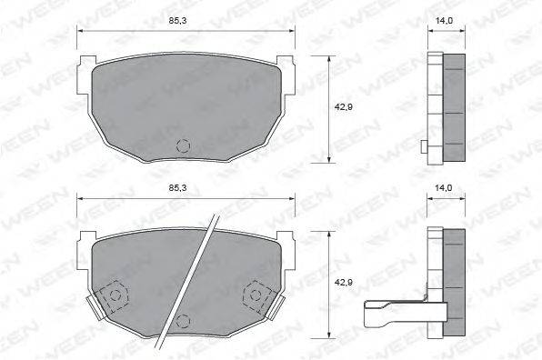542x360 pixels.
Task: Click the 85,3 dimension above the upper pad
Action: coord(177,20)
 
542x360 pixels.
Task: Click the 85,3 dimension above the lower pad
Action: coord(177,187)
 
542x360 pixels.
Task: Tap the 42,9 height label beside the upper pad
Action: coord(343,107)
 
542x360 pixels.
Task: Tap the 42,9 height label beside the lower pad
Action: coord(343,282)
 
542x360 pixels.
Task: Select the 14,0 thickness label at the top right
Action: coord(444,20)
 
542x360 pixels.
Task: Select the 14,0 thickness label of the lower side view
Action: coord(444,188)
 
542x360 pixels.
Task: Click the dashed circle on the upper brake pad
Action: coord(183,146)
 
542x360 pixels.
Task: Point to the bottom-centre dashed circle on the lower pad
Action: coord(183,321)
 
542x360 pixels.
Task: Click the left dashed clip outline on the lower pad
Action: coord(113,295)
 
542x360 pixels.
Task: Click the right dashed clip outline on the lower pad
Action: coord(257,295)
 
